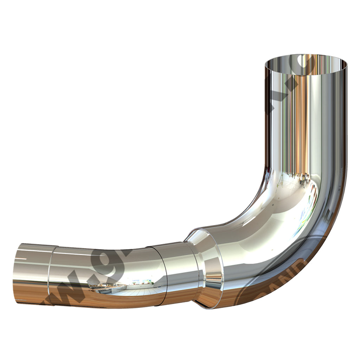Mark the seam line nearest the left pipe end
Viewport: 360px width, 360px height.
point(50,274)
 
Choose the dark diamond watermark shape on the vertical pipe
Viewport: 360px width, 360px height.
point(272,105)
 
